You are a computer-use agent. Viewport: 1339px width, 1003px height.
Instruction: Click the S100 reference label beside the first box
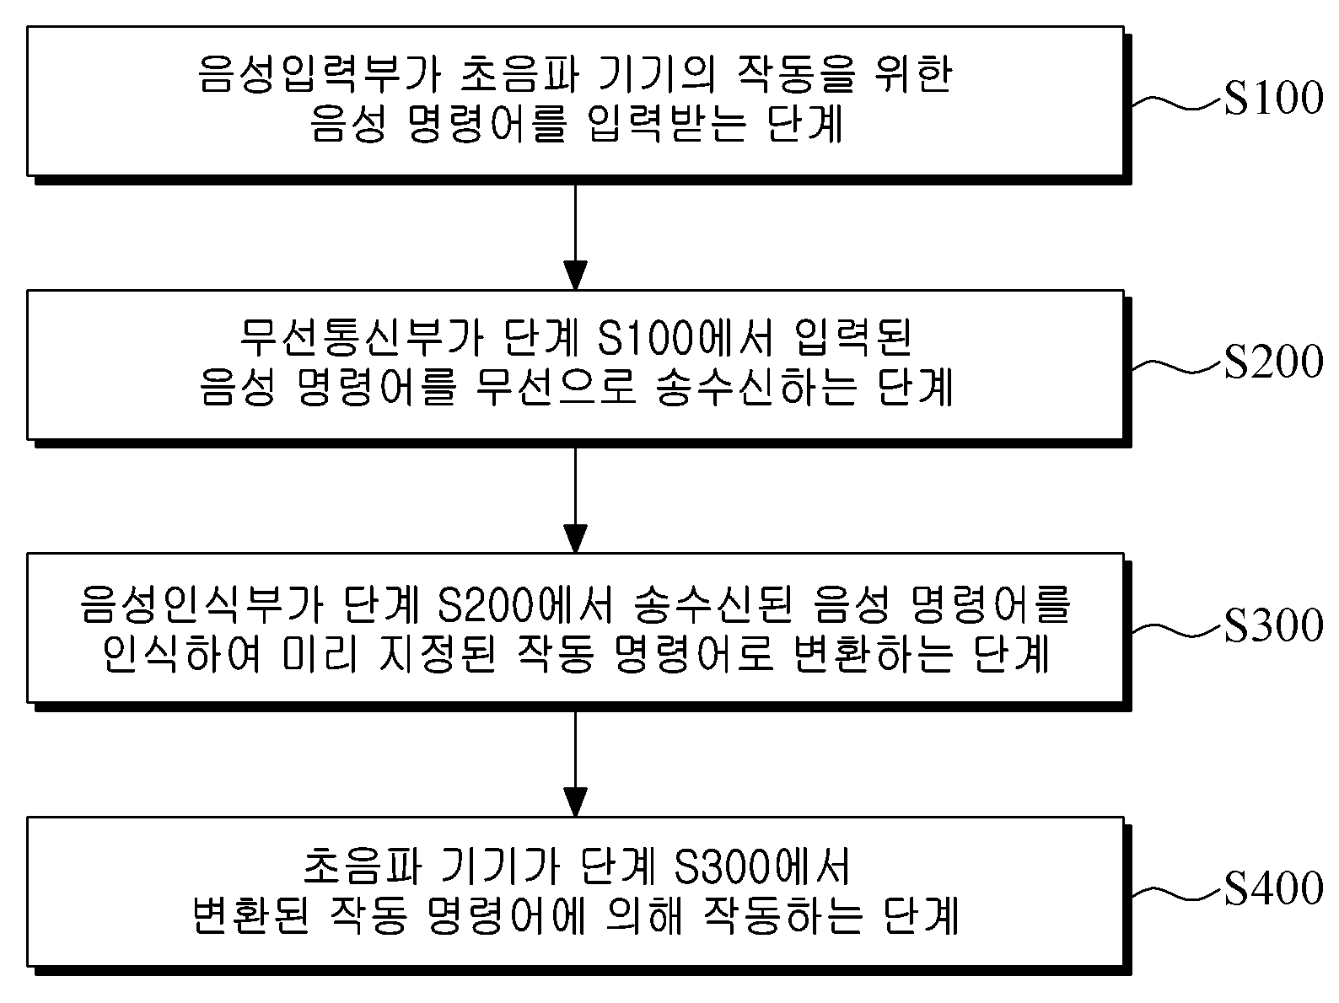[1274, 98]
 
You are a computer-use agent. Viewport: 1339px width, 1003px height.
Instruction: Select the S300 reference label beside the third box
[1274, 625]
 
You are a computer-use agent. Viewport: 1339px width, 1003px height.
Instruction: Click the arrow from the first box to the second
[575, 237]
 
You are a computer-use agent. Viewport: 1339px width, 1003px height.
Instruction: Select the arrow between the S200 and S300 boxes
[575, 501]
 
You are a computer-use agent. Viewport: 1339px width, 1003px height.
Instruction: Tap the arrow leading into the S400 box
[575, 764]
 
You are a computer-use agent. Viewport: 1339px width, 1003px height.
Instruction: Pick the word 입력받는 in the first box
[667, 123]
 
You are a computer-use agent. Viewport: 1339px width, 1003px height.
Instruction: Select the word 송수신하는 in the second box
[757, 387]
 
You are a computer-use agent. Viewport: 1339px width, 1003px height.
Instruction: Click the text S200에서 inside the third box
[525, 604]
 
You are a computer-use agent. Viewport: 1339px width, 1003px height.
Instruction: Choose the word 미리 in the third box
[320, 653]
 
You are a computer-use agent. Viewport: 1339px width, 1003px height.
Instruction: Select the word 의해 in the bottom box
[643, 916]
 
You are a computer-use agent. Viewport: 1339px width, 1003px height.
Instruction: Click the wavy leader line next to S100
[1178, 103]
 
